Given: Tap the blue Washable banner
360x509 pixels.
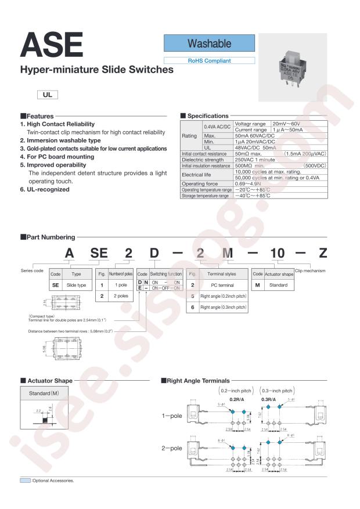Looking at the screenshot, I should (x=209, y=44).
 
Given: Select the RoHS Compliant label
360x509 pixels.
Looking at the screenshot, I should (x=209, y=60).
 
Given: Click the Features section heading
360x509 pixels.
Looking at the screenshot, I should (x=37, y=116).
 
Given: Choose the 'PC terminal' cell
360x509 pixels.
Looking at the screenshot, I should (x=218, y=285).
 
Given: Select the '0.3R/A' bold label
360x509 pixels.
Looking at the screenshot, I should (x=269, y=400).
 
